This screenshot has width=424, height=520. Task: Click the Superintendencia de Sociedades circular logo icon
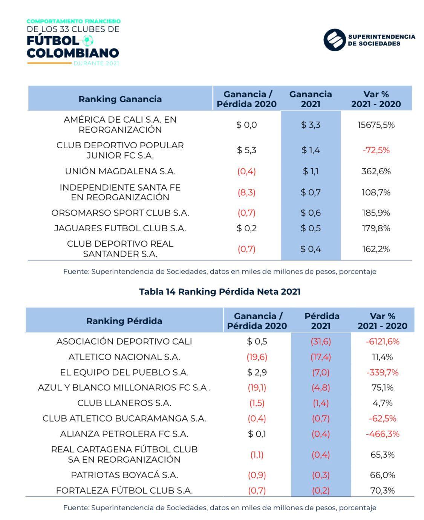[334, 40]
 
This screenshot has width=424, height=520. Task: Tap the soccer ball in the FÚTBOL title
[88, 40]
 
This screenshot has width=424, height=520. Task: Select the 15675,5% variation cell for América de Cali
[376, 125]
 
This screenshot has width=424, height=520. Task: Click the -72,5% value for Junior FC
[376, 150]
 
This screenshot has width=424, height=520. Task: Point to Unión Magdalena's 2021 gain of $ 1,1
[311, 171]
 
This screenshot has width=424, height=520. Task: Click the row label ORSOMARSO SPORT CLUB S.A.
[120, 213]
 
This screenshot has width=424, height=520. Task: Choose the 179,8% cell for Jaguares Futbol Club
[376, 228]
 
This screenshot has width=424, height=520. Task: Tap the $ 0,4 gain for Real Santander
[311, 249]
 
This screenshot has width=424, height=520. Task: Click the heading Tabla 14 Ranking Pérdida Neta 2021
[220, 292]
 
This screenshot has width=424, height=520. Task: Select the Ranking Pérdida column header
[124, 321]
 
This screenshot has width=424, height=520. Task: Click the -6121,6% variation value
[382, 342]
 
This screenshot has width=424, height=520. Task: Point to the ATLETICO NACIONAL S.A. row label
[124, 357]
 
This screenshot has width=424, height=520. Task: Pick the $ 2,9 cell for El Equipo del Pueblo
[257, 372]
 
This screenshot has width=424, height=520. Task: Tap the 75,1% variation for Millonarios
[383, 388]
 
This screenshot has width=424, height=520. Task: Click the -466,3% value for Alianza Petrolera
[382, 434]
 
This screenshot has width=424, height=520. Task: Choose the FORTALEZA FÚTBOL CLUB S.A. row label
[124, 491]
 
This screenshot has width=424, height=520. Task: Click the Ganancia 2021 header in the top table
[311, 99]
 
